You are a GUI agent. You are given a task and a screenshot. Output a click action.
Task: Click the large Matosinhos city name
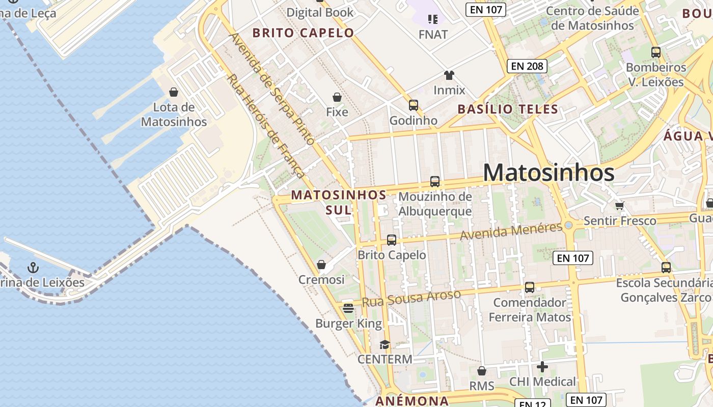tap(549, 172)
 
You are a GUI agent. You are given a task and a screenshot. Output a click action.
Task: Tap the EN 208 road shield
tap(527, 66)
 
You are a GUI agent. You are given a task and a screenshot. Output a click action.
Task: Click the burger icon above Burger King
tap(348, 308)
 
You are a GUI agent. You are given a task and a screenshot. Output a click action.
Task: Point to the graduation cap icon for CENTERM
tap(385, 344)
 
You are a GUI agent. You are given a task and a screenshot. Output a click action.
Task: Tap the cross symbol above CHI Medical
tap(542, 366)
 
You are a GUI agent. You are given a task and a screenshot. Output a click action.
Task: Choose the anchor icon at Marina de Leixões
tap(33, 267)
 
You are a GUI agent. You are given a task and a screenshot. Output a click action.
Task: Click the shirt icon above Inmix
tap(449, 75)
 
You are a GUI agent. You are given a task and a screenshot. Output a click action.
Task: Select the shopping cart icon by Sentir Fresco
tap(619, 206)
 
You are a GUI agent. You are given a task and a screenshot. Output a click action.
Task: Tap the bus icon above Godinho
tap(413, 105)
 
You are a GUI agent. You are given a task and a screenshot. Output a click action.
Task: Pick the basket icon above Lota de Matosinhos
tap(174, 92)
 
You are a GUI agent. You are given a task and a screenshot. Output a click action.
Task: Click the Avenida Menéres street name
tap(511, 231)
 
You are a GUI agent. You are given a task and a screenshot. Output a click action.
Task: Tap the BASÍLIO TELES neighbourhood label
tap(508, 109)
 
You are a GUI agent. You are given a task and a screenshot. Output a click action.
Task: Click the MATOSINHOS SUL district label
tap(339, 202)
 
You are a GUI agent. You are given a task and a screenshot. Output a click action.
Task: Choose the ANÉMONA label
tap(412, 401)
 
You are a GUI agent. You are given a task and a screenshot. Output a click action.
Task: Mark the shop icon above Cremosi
tap(321, 265)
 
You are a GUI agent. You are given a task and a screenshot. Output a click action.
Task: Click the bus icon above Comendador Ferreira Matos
tap(530, 287)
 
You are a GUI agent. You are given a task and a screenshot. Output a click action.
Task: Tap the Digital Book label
tap(320, 12)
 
